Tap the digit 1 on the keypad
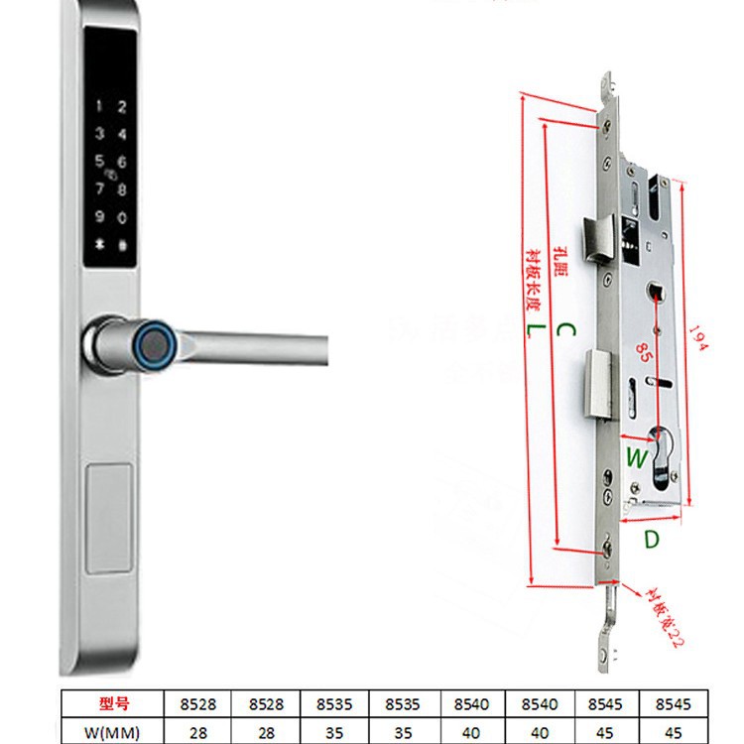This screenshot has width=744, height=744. [x=97, y=107]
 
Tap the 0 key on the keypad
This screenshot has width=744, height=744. [x=122, y=217]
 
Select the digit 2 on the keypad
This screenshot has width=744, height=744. [x=122, y=107]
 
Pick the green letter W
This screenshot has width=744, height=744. [x=636, y=457]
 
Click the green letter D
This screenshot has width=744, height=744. [x=651, y=540]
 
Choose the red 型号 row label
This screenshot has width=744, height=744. [x=116, y=703]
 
